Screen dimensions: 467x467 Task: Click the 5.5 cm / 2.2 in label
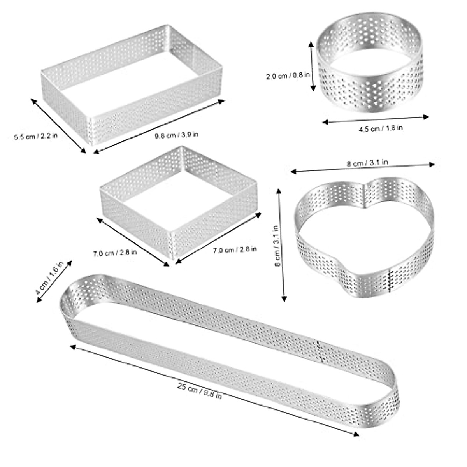click(x=36, y=137)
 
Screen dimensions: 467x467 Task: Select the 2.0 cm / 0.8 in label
click(x=288, y=76)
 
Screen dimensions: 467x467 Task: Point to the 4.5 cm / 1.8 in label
click(x=380, y=128)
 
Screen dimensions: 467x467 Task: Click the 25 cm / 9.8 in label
click(x=200, y=391)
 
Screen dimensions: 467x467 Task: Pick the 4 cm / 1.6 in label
click(x=49, y=279)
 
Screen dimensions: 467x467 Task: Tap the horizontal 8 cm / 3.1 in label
click(x=367, y=163)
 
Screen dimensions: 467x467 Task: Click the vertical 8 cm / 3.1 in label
click(x=277, y=246)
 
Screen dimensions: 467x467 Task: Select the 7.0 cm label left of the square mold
click(x=114, y=253)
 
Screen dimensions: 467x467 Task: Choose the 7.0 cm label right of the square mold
click(x=235, y=249)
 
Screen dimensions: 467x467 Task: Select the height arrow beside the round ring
click(x=312, y=66)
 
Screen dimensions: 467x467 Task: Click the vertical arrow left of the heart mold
click(x=281, y=245)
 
